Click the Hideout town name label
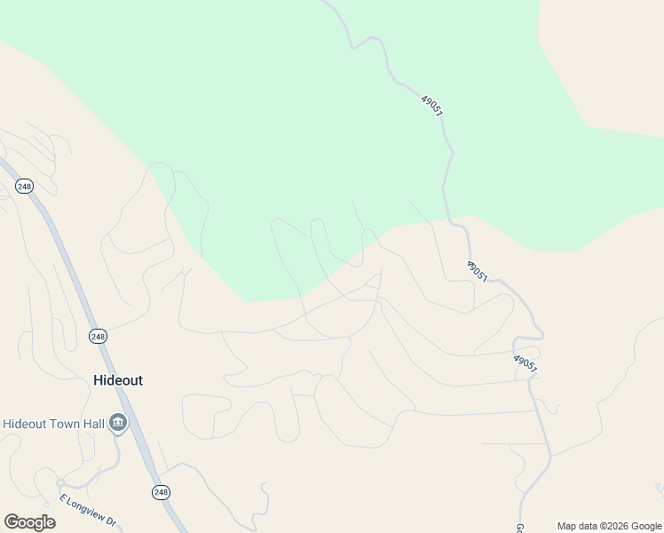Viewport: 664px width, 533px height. [117, 380]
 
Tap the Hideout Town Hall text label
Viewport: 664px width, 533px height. [53, 425]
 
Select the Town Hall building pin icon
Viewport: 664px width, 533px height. [118, 425]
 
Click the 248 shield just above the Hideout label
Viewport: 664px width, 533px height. [99, 336]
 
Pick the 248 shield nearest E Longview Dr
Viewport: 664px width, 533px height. [160, 492]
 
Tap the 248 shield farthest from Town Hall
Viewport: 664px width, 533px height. [24, 186]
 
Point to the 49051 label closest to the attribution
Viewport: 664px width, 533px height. [525, 363]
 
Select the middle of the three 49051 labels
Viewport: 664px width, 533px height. [477, 271]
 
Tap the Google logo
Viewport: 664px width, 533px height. [29, 521]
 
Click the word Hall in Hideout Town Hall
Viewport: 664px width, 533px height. [93, 425]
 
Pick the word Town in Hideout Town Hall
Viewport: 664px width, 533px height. [62, 425]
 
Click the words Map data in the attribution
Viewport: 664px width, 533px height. [576, 526]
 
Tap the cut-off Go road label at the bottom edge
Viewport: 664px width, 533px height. [519, 524]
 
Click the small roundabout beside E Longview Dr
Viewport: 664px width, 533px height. [39, 483]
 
